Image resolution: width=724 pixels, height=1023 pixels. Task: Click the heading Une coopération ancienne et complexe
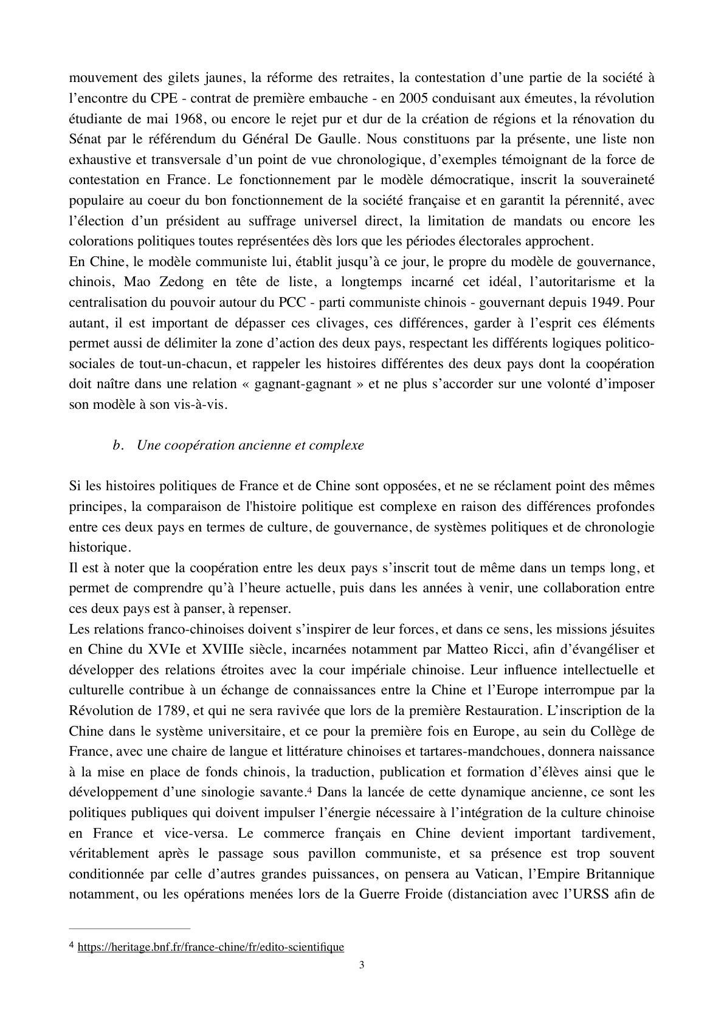point(250,445)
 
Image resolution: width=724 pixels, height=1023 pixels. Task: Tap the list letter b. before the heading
point(118,445)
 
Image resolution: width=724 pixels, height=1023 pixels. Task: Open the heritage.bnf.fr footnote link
point(211,947)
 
